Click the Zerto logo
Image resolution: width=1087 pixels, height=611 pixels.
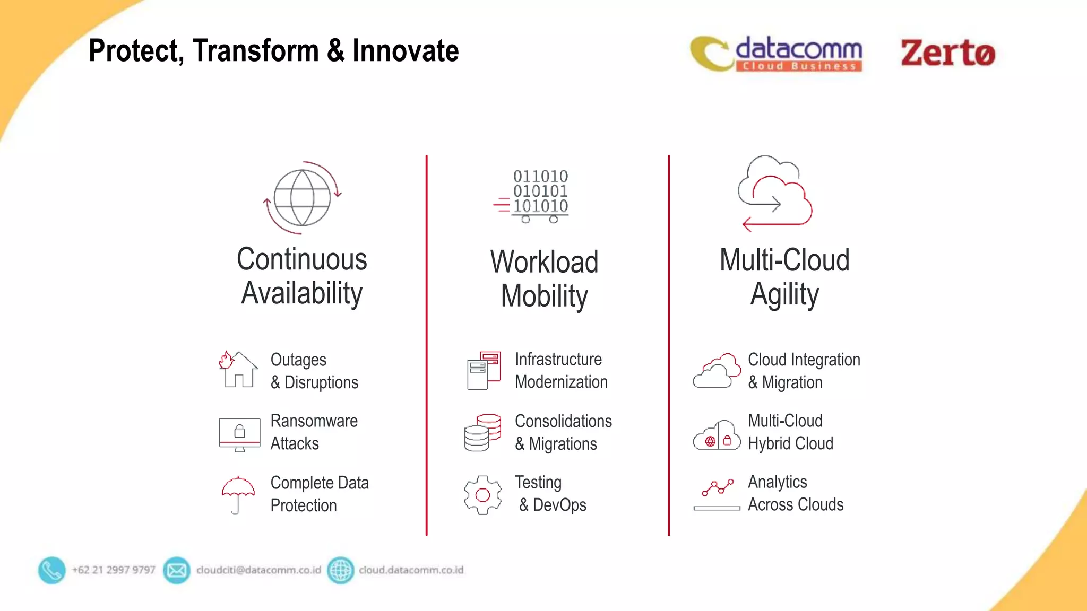pyautogui.click(x=947, y=53)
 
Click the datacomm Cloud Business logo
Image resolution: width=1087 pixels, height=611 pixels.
pyautogui.click(x=777, y=54)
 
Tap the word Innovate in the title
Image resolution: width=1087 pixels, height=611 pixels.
pyautogui.click(x=406, y=51)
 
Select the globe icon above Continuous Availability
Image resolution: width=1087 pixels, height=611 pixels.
pyautogui.click(x=302, y=198)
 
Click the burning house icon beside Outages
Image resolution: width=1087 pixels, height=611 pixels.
pyautogui.click(x=238, y=370)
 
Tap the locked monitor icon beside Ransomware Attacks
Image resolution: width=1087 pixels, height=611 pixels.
pyautogui.click(x=239, y=434)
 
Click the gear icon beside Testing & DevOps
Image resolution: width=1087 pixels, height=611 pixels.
pyautogui.click(x=482, y=495)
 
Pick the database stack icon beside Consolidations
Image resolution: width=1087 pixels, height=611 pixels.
pyautogui.click(x=482, y=433)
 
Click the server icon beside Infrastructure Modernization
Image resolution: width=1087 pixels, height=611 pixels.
pyautogui.click(x=484, y=370)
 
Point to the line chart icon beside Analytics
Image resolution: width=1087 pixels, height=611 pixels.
pyautogui.click(x=717, y=494)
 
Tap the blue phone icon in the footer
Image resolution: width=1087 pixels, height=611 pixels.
pyautogui.click(x=51, y=570)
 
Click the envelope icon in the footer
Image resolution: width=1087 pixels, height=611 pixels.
pyautogui.click(x=177, y=570)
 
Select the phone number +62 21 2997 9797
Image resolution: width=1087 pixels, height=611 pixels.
pyautogui.click(x=114, y=570)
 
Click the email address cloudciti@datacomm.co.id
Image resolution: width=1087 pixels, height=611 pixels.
pyautogui.click(x=258, y=570)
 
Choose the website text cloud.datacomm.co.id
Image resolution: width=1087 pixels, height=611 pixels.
pyautogui.click(x=411, y=570)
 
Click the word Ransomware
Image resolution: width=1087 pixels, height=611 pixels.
pyautogui.click(x=314, y=421)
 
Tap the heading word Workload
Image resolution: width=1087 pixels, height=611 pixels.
pyautogui.click(x=544, y=262)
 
